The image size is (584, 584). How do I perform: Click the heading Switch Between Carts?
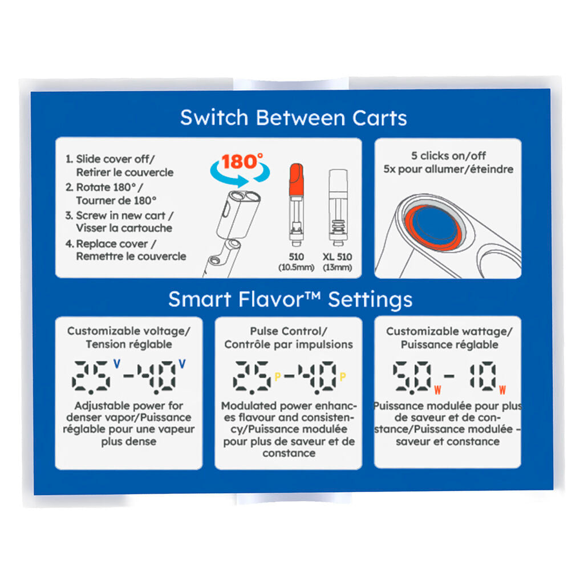(x=294, y=117)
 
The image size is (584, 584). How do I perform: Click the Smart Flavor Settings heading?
(x=290, y=299)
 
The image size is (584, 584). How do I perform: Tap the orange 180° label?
(x=242, y=161)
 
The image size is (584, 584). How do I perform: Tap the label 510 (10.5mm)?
(x=297, y=262)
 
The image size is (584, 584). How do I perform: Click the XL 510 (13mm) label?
(x=338, y=262)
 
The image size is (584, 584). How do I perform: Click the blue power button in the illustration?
(x=434, y=225)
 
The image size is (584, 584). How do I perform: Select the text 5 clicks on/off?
(x=448, y=156)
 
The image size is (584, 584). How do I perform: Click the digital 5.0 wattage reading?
(x=412, y=378)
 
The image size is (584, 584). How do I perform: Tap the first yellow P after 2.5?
(x=278, y=377)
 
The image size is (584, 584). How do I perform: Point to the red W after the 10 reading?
(x=502, y=390)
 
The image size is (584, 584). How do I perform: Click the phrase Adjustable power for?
(x=129, y=405)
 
